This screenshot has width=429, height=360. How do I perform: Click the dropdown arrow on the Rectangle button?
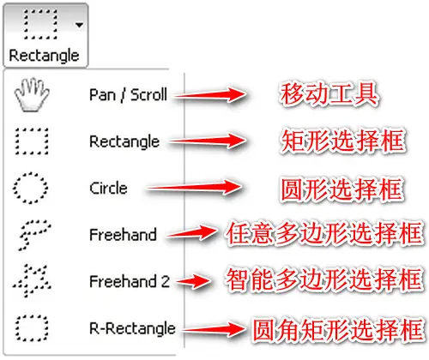click(79, 25)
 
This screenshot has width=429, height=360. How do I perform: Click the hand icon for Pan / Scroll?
click(32, 94)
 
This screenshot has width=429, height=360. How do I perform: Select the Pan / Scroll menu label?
click(128, 95)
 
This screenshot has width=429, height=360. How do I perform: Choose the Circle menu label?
click(108, 189)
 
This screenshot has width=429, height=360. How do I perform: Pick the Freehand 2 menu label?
click(130, 281)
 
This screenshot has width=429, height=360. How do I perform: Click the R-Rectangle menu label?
click(132, 328)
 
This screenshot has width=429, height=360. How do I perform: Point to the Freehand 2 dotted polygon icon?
click(32, 280)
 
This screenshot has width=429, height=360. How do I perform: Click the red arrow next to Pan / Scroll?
click(210, 95)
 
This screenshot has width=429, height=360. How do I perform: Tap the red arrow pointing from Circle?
click(193, 188)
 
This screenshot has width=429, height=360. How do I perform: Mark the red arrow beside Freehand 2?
click(194, 281)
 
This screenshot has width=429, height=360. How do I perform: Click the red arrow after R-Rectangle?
click(214, 329)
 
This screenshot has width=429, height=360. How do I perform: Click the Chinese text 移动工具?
click(329, 94)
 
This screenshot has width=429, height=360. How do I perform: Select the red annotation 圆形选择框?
click(342, 189)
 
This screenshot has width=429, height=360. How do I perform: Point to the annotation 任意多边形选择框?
click(324, 233)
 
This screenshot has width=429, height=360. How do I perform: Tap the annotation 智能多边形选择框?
click(324, 279)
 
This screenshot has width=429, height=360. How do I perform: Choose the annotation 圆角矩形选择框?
click(337, 329)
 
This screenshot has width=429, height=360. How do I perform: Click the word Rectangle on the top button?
click(44, 56)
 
